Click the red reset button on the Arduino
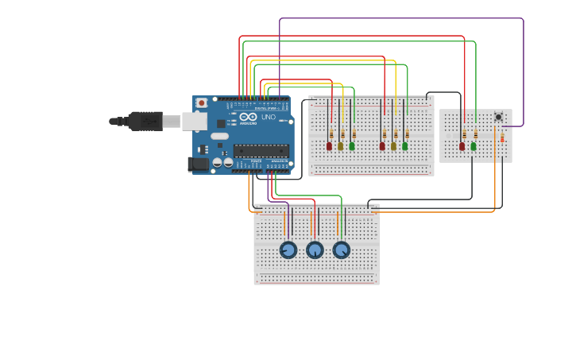click(202, 103)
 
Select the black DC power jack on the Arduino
click(199, 164)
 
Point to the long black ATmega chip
click(261, 150)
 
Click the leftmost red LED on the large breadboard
click(329, 145)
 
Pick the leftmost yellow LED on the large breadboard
click(340, 145)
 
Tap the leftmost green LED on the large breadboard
click(352, 145)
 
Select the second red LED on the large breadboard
click(382, 145)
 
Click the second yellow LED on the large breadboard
click(393, 145)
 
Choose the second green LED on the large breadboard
click(404, 145)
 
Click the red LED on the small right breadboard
click(462, 145)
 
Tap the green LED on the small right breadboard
click(474, 145)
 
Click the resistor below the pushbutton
click(502, 137)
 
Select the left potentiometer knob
click(288, 250)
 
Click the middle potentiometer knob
click(315, 250)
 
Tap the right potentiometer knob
click(341, 250)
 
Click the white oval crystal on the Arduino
click(219, 136)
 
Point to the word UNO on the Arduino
click(269, 117)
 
